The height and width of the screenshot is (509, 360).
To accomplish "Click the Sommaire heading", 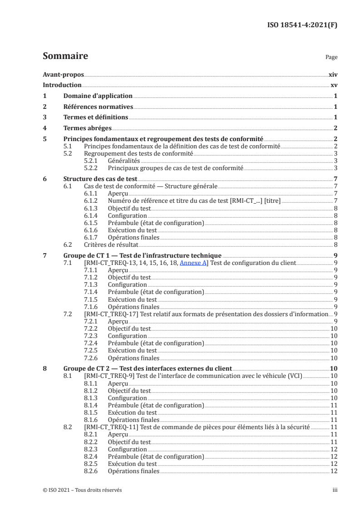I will [x=65, y=56].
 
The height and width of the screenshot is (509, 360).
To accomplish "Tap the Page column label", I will [x=331, y=58].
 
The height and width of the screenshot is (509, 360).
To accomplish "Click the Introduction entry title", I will [x=62, y=85].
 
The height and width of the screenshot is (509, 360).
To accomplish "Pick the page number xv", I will [x=334, y=85].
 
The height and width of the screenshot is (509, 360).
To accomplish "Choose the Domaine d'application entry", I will [x=98, y=96].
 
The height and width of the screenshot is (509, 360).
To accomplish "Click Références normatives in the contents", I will [x=98, y=107].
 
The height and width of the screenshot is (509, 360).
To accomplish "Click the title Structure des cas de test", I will [x=94, y=179].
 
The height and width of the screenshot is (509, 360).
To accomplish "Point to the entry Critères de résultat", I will [x=108, y=244].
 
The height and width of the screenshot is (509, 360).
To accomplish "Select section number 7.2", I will [x=67, y=314].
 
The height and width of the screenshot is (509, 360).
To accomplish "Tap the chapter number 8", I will [x=44, y=368].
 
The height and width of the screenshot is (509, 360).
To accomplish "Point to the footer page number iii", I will [x=335, y=490].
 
